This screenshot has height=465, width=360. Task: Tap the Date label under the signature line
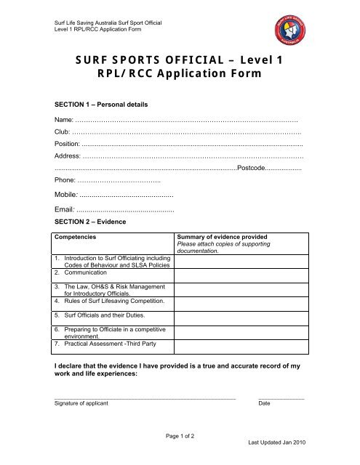click(x=265, y=403)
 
